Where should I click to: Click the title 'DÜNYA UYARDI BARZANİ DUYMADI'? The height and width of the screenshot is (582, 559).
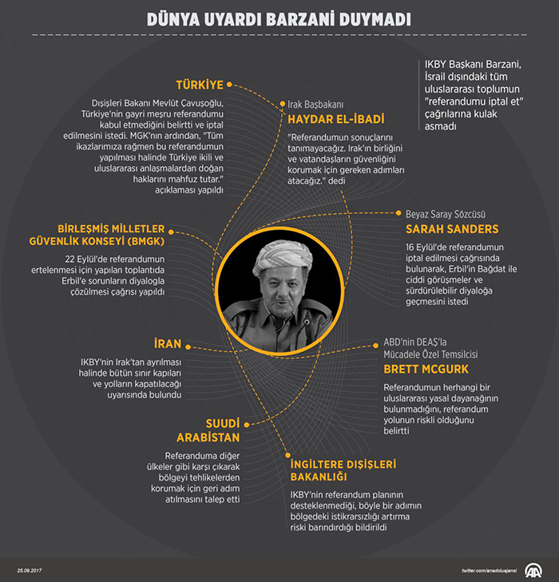click(279, 18)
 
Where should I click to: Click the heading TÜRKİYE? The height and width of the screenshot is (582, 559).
click(200, 84)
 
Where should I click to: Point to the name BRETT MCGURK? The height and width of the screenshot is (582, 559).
click(426, 369)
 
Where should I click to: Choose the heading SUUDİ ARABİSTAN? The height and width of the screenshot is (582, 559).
click(208, 430)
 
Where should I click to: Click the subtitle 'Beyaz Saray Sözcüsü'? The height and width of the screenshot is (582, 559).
click(446, 214)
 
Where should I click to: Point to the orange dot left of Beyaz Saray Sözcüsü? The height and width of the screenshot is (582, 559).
click(398, 214)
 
